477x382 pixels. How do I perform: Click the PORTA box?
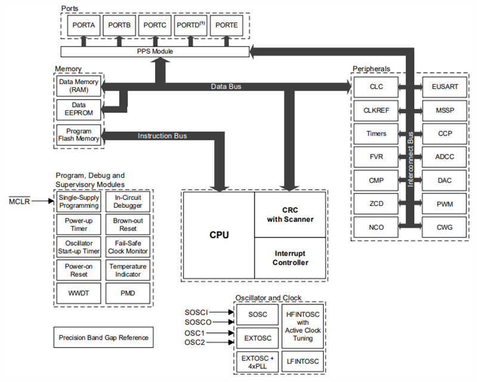click(83, 26)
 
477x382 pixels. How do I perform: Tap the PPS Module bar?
click(155, 51)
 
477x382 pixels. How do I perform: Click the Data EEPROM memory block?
click(79, 109)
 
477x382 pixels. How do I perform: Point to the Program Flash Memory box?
click(79, 135)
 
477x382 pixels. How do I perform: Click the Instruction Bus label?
click(162, 135)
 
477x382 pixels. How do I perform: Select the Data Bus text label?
click(226, 87)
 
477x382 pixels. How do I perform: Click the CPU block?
click(219, 235)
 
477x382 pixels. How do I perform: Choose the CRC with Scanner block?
click(291, 215)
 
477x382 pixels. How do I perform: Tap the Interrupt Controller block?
click(291, 258)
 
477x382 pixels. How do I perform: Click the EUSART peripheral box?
click(444, 87)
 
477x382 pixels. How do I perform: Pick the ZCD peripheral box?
click(376, 204)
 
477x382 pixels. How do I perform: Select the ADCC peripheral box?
click(444, 157)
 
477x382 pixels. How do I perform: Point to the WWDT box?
click(79, 293)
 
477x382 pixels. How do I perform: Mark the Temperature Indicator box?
click(128, 270)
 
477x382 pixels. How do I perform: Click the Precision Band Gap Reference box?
click(103, 338)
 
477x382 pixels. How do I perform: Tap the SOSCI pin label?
click(196, 312)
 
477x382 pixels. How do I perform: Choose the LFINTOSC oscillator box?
click(304, 361)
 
